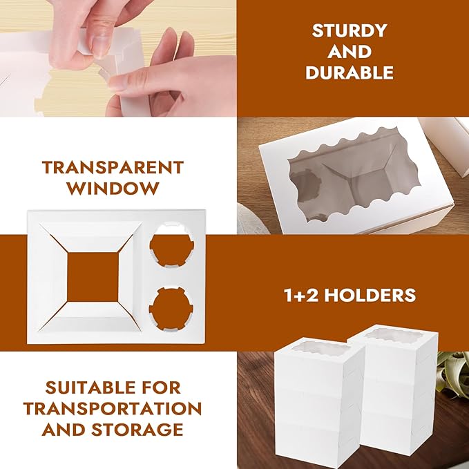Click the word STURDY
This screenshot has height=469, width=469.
pyautogui.click(x=350, y=30)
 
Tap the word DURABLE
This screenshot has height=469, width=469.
pyautogui.click(x=350, y=73)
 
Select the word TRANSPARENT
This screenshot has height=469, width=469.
pyautogui.click(x=113, y=167)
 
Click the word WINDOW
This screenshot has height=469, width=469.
pyautogui.click(x=113, y=188)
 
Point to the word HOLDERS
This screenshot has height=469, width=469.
pyautogui.click(x=370, y=295)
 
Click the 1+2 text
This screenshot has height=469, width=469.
pyautogui.click(x=301, y=295)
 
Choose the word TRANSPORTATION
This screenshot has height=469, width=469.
pyautogui.click(x=113, y=409)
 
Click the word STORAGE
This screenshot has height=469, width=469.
pyautogui.click(x=137, y=430)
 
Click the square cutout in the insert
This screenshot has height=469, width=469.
pyautogui.click(x=93, y=277)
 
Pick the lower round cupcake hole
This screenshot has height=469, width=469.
pyautogui.click(x=171, y=307)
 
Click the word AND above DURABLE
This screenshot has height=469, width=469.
pyautogui.click(x=350, y=51)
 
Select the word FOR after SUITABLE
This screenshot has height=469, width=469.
pyautogui.click(x=162, y=387)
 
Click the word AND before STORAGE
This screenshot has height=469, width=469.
pyautogui.click(x=64, y=430)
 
